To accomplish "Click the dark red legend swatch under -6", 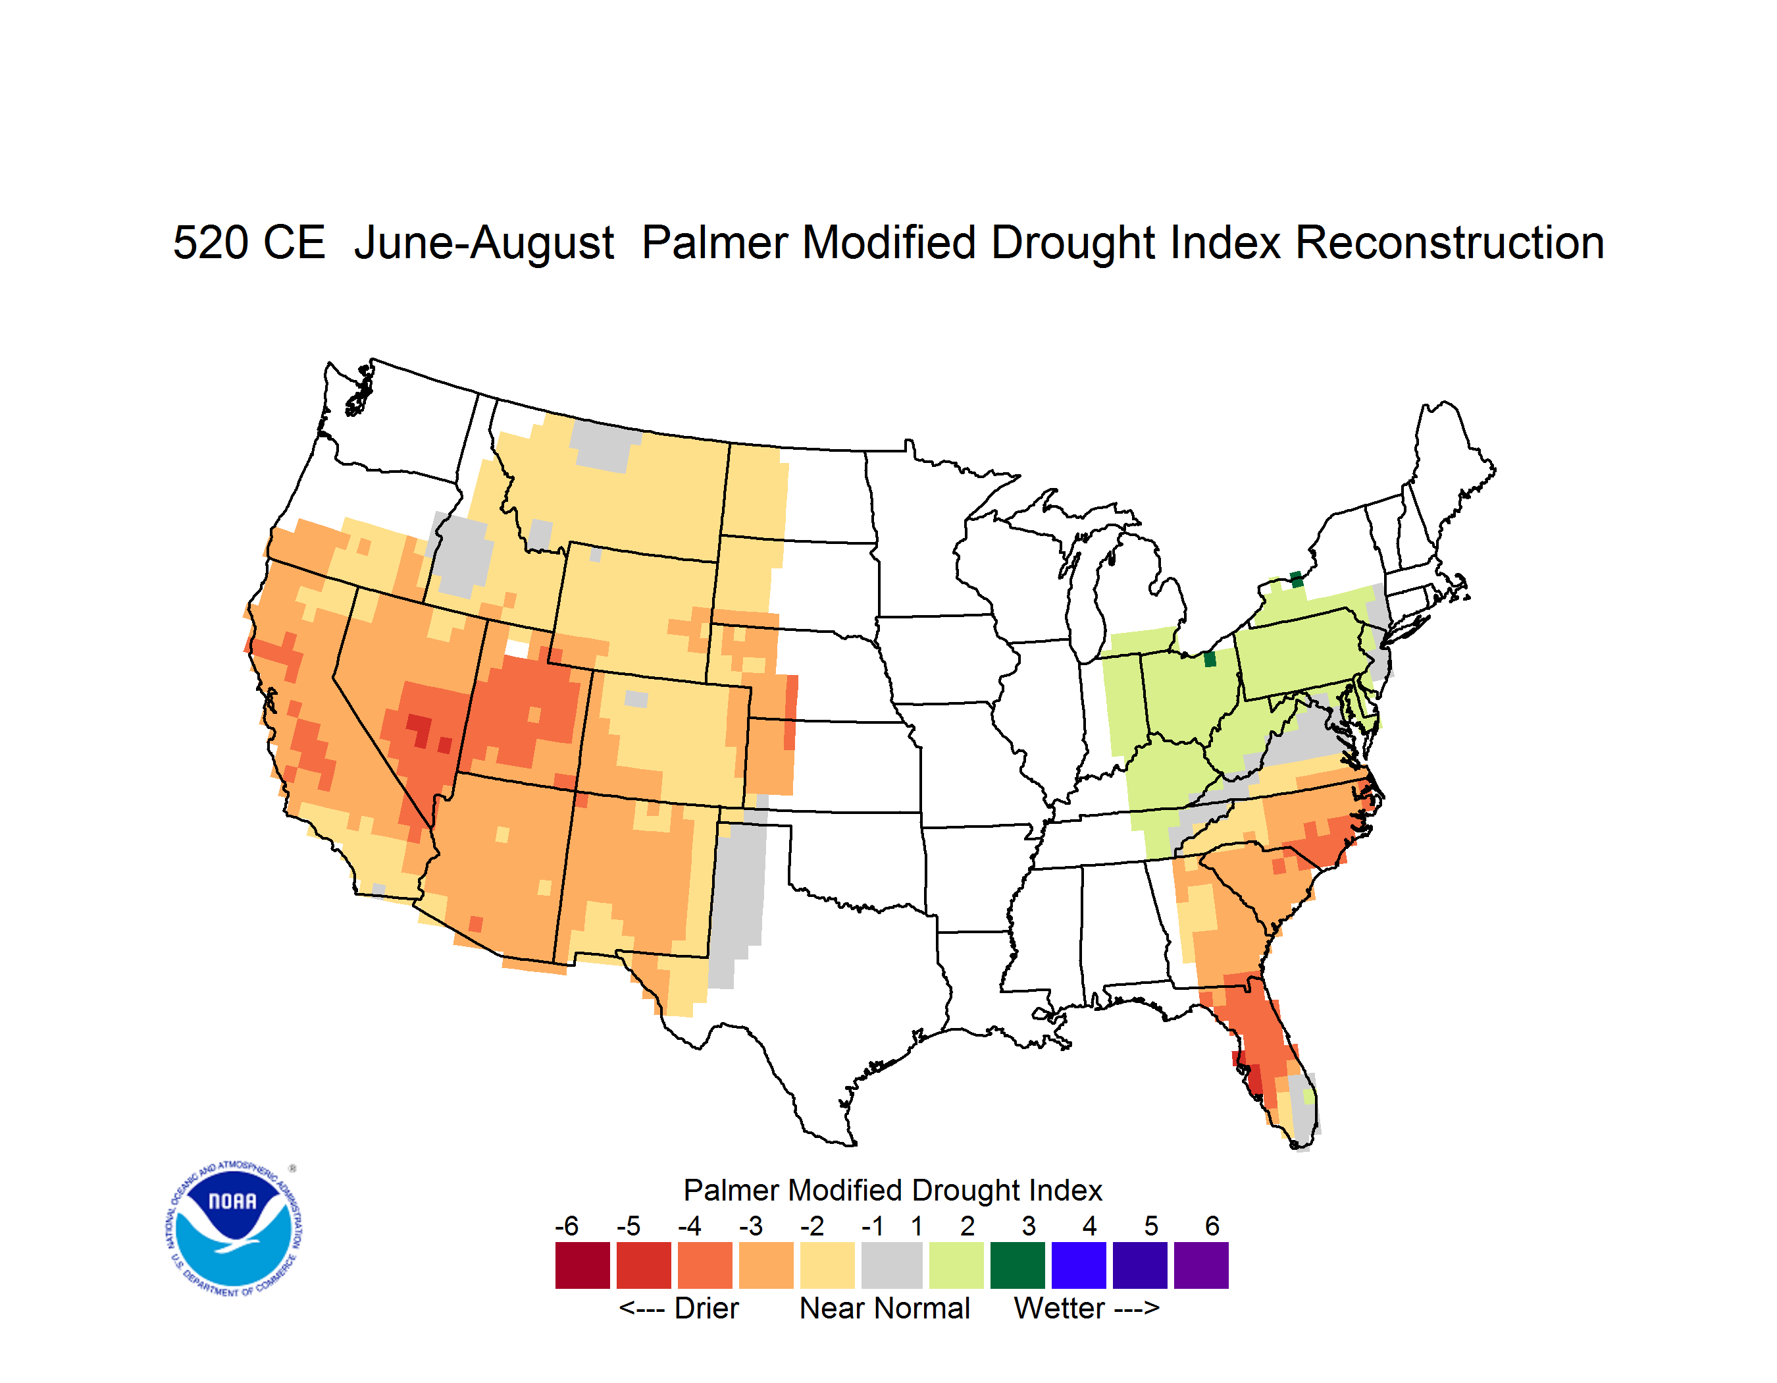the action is pos(582,1265).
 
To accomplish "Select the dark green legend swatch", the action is pos(1017,1265).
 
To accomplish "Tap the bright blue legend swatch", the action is pos(1079,1265).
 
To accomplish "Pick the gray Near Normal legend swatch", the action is pos(892,1265).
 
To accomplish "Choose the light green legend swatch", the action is pos(956,1265).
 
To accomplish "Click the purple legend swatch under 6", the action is pos(1201,1265).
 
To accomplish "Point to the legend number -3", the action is pos(751,1226).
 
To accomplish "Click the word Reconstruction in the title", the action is pos(1449,242).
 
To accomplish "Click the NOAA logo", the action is pos(234,1229).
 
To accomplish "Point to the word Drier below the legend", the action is pos(706,1308).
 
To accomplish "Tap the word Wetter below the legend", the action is pos(1060,1308).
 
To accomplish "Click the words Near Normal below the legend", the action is pos(885,1308).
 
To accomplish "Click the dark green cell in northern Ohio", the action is pos(1209,659).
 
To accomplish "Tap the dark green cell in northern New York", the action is pos(1296,580).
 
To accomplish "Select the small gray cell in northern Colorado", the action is pos(636,699).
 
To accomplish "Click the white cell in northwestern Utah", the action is pos(517,649).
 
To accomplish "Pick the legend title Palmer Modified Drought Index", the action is pos(892,1190).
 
